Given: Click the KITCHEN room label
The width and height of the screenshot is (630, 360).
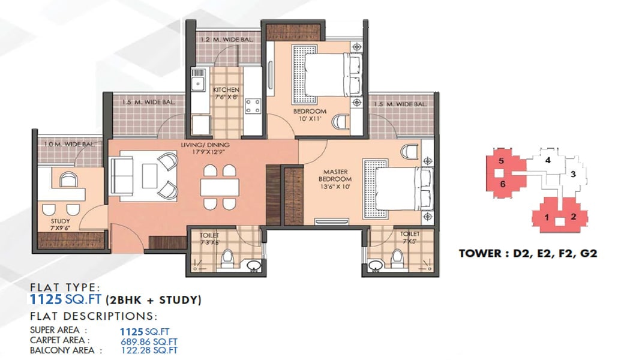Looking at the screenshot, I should coord(226,90).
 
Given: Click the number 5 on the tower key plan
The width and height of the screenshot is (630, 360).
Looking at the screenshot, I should coord(501,161).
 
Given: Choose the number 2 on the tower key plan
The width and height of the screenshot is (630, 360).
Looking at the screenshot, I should coord(574,217).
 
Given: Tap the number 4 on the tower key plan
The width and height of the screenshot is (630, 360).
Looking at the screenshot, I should coord(547,160).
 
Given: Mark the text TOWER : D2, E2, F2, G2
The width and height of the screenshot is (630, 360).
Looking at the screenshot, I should coord(528,253).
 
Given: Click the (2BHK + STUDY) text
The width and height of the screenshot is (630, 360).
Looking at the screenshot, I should coord(153,299).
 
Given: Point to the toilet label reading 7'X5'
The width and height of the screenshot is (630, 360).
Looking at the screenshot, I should coord(410,238).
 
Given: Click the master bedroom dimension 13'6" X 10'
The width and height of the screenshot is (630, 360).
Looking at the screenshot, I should coord(335,187).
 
